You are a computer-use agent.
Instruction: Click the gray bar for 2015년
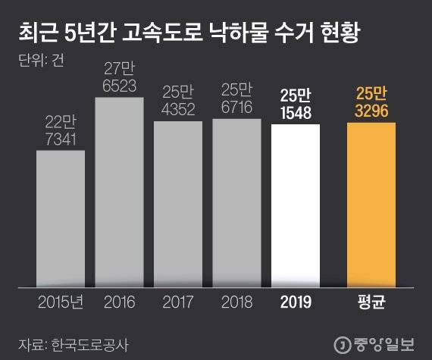tap(60, 218)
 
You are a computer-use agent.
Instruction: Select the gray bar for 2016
tap(119, 192)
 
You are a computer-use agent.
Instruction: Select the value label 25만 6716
tap(236, 98)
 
